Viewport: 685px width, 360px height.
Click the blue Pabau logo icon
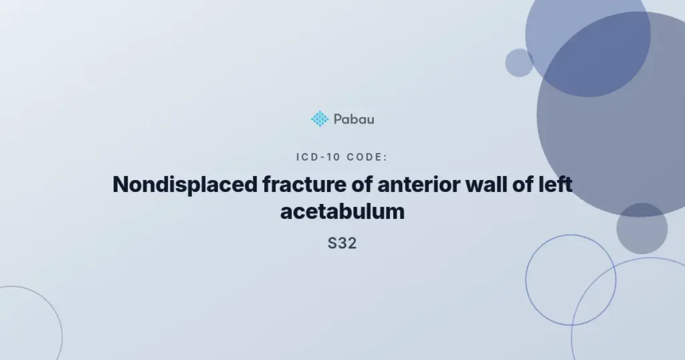click(320, 119)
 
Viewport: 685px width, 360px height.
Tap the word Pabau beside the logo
click(354, 119)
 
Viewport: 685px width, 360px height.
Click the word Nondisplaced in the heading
click(185, 185)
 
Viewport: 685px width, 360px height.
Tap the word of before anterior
click(362, 185)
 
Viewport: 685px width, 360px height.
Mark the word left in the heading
click(555, 185)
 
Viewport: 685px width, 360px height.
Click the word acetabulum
click(342, 211)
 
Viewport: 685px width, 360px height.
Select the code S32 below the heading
click(342, 244)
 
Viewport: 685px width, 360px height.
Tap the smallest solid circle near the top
click(519, 63)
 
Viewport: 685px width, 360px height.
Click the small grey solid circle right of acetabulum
click(642, 228)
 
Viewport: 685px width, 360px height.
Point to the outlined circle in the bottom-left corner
click(62, 337)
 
